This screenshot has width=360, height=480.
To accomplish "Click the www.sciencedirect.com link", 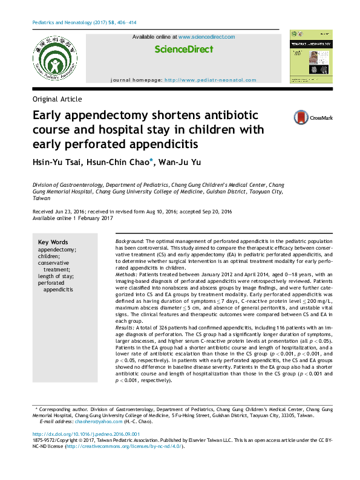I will point(206,37).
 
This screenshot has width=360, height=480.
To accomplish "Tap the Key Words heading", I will point(53,242).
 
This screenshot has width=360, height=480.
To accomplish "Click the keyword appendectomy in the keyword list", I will point(57,249).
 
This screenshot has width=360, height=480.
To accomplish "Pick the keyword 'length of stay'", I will point(56,276).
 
